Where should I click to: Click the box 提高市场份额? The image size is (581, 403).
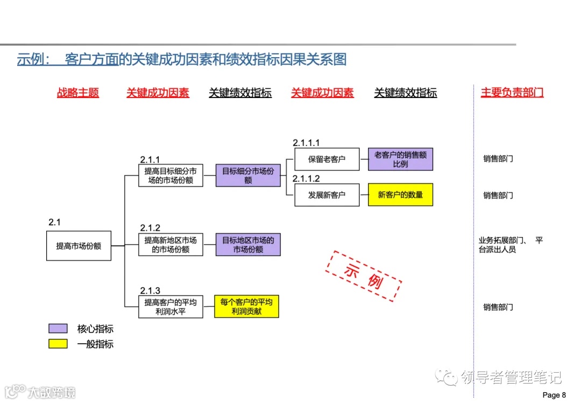pyautogui.click(x=79, y=246)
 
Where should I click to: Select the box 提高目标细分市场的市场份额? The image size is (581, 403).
pyautogui.click(x=171, y=176)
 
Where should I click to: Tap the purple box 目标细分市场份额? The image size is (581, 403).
pyautogui.click(x=248, y=176)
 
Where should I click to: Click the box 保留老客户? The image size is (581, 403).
pyautogui.click(x=327, y=159)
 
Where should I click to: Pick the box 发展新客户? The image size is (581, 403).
pyautogui.click(x=327, y=195)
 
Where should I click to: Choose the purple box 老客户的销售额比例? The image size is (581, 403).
pyautogui.click(x=400, y=159)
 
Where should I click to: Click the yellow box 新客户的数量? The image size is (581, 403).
pyautogui.click(x=400, y=194)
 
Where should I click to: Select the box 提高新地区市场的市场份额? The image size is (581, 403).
pyautogui.click(x=171, y=245)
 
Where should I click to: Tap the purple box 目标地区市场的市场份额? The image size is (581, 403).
pyautogui.click(x=248, y=245)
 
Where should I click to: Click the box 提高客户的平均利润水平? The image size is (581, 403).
pyautogui.click(x=171, y=307)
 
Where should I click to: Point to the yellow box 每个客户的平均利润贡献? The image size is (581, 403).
pyautogui.click(x=246, y=307)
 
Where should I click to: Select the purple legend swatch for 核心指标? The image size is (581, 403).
pyautogui.click(x=58, y=329)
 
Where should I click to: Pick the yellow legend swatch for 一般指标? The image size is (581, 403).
pyautogui.click(x=58, y=344)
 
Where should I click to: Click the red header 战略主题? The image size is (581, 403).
pyautogui.click(x=78, y=93)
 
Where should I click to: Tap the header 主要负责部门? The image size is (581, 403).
pyautogui.click(x=512, y=93)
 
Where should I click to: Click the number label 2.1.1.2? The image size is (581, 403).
pyautogui.click(x=306, y=179)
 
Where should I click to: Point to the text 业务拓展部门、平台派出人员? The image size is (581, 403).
pyautogui.click(x=510, y=245)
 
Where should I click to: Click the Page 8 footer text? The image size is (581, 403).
pyautogui.click(x=554, y=395)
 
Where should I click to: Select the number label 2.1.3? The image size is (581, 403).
pyautogui.click(x=150, y=291)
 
